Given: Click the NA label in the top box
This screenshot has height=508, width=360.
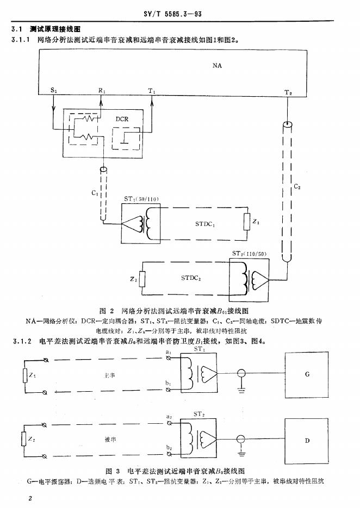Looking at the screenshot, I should click(x=218, y=65).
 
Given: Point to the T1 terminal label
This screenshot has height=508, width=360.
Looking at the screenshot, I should click(x=152, y=92).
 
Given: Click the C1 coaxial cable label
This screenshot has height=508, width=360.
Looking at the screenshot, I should click(x=95, y=193).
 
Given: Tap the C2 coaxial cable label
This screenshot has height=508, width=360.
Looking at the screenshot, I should click(x=297, y=187).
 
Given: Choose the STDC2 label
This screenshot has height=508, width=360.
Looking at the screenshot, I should click(x=190, y=278).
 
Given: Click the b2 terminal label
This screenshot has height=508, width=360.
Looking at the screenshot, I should click(x=169, y=447).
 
